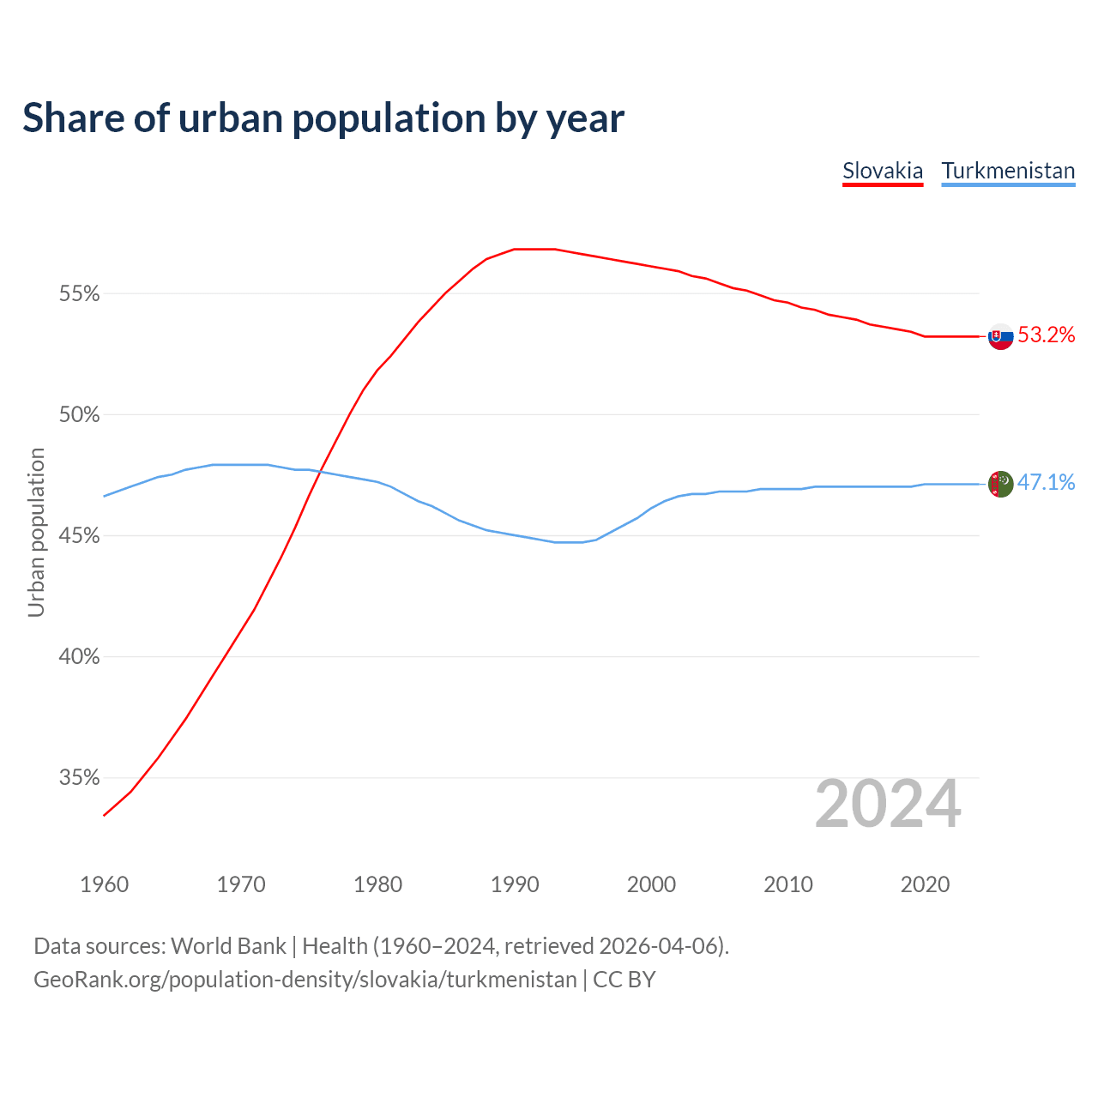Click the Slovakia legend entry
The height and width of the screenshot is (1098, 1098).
pyautogui.click(x=883, y=171)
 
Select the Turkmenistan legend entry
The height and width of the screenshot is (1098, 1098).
pyautogui.click(x=1008, y=171)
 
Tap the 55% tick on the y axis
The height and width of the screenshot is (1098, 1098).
pyautogui.click(x=80, y=294)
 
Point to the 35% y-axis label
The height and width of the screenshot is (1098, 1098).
pyautogui.click(x=80, y=778)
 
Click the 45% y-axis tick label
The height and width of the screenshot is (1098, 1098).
pyautogui.click(x=80, y=536)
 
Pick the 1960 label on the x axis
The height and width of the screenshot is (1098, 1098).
pyautogui.click(x=105, y=884)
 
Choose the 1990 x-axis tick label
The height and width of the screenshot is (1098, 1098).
pyautogui.click(x=515, y=884)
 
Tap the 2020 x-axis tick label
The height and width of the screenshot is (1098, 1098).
pyautogui.click(x=925, y=884)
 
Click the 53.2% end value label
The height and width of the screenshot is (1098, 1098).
pyautogui.click(x=1046, y=335)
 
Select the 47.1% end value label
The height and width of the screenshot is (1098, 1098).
pyautogui.click(x=1046, y=483)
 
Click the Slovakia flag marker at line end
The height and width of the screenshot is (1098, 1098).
pyautogui.click(x=1001, y=336)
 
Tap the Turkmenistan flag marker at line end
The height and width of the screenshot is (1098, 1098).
pyautogui.click(x=1001, y=484)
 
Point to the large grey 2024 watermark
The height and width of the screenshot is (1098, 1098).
pyautogui.click(x=888, y=804)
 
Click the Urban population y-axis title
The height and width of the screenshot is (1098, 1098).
pyautogui.click(x=36, y=532)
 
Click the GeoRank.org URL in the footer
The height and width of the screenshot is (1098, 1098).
pyautogui.click(x=305, y=980)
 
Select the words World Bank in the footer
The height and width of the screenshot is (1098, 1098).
pyautogui.click(x=228, y=946)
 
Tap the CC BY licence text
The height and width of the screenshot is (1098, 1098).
pyautogui.click(x=624, y=980)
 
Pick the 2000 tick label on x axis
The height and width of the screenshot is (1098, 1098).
pyautogui.click(x=652, y=884)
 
